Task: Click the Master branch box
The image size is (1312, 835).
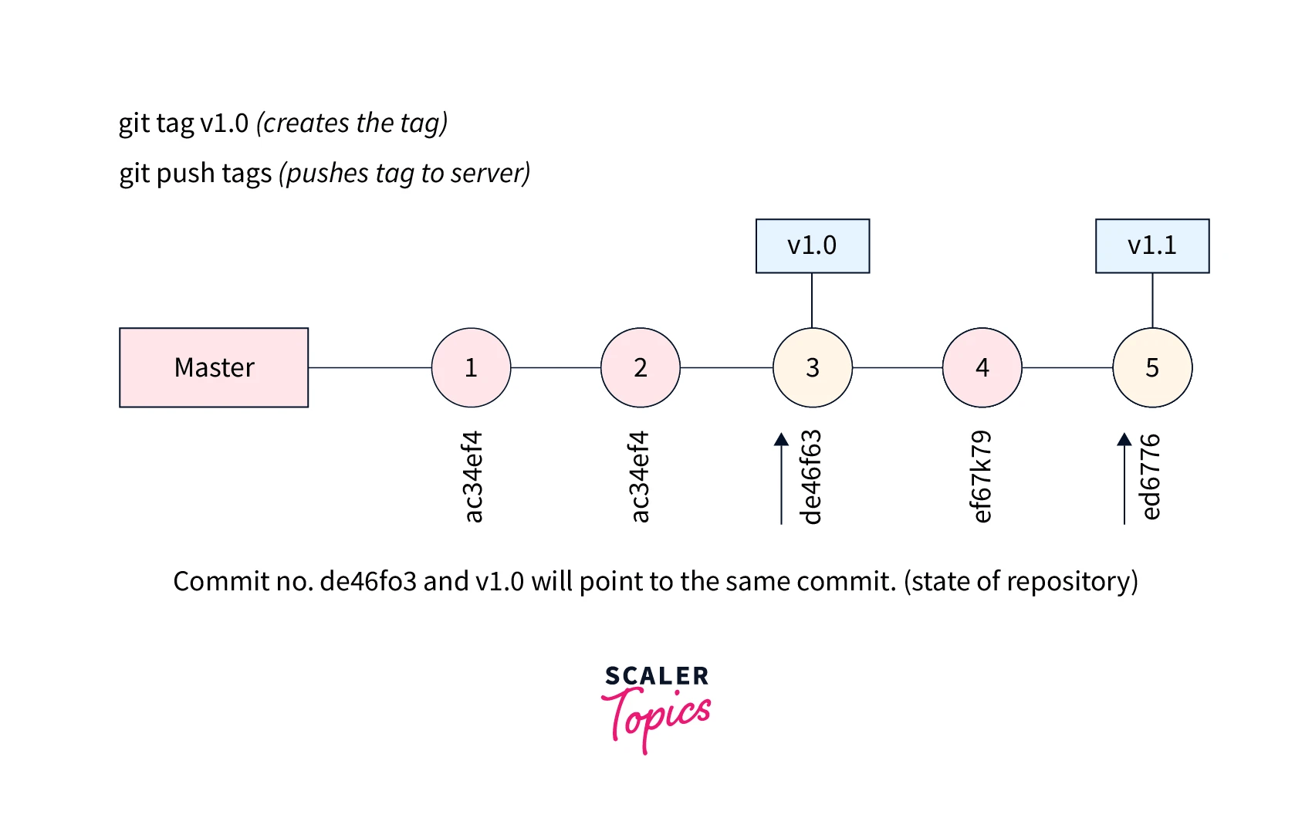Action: (x=214, y=367)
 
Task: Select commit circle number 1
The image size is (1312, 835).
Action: (x=471, y=367)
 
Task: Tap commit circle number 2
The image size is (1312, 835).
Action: (x=641, y=367)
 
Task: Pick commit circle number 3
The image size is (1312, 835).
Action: (x=813, y=367)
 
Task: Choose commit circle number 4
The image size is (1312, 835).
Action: (x=982, y=367)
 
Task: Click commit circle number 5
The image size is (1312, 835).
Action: (x=1152, y=367)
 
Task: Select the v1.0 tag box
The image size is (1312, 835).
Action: (x=813, y=246)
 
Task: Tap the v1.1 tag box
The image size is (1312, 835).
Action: (x=1152, y=246)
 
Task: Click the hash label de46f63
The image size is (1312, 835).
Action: (x=811, y=477)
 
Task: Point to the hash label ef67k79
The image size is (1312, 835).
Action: (x=980, y=477)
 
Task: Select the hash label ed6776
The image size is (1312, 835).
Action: (x=1150, y=477)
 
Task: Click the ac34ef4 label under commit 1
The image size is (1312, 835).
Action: (x=472, y=477)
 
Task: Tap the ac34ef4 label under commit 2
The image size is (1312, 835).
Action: (x=640, y=477)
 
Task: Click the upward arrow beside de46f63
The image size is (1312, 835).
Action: (x=781, y=478)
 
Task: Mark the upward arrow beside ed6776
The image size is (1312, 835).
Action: (x=1124, y=478)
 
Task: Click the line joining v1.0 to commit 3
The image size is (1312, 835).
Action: (x=812, y=300)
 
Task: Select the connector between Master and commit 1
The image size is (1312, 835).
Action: (x=370, y=367)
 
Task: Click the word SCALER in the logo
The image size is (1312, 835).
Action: (x=657, y=676)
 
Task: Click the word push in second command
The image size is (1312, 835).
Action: (x=185, y=174)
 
